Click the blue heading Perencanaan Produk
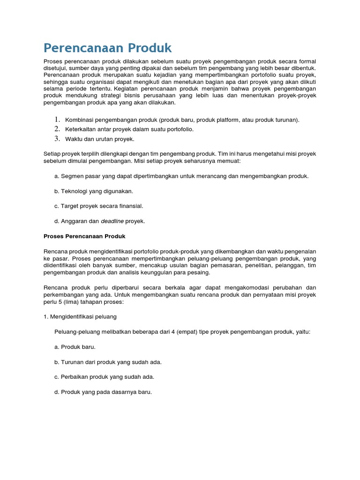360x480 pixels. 107,48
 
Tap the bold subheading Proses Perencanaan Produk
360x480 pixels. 84,236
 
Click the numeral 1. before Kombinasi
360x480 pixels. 57,120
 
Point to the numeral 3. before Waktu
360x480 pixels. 57,138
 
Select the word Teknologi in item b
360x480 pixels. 75,191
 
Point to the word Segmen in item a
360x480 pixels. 71,176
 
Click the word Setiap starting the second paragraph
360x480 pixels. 52,154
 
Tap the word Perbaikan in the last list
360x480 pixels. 75,377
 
